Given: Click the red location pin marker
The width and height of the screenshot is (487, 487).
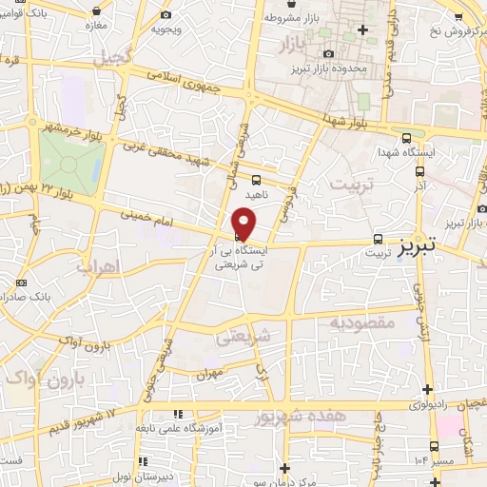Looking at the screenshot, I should pos(244,225).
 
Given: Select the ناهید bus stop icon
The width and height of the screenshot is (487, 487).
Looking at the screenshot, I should pos(256,179).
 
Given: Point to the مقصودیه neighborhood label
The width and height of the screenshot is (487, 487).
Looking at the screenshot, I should pos(360,323).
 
